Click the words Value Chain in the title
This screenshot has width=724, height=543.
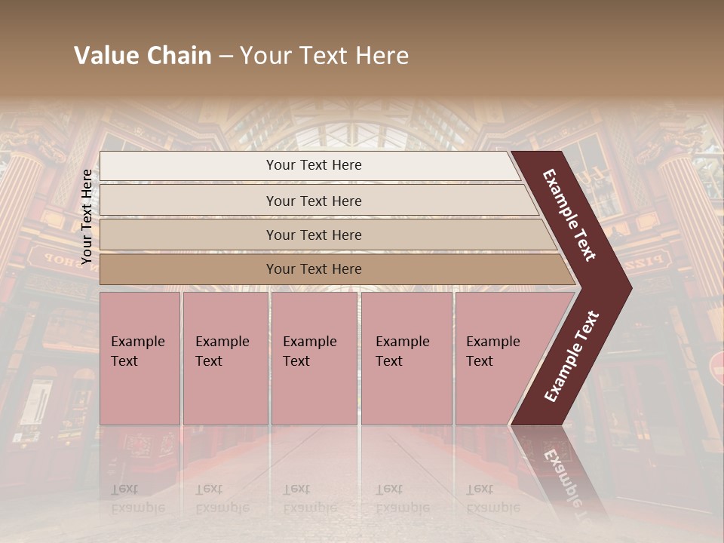click(143, 56)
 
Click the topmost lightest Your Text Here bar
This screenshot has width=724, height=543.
click(313, 165)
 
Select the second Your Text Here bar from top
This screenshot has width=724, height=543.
click(313, 201)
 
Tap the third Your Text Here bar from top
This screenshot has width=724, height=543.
click(313, 235)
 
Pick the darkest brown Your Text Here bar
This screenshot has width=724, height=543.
click(313, 269)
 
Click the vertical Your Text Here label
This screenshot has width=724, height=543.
click(87, 216)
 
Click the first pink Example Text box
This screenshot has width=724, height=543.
click(140, 358)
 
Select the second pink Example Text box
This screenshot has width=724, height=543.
click(225, 358)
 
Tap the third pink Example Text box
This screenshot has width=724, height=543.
click(313, 358)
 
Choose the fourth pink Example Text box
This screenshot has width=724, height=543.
click(406, 358)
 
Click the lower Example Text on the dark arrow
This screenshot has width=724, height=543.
click(572, 356)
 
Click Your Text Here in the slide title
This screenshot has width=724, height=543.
click(324, 56)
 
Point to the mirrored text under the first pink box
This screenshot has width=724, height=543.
click(137, 499)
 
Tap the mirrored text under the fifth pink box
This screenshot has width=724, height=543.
click(492, 499)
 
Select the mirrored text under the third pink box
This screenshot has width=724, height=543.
click(309, 499)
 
